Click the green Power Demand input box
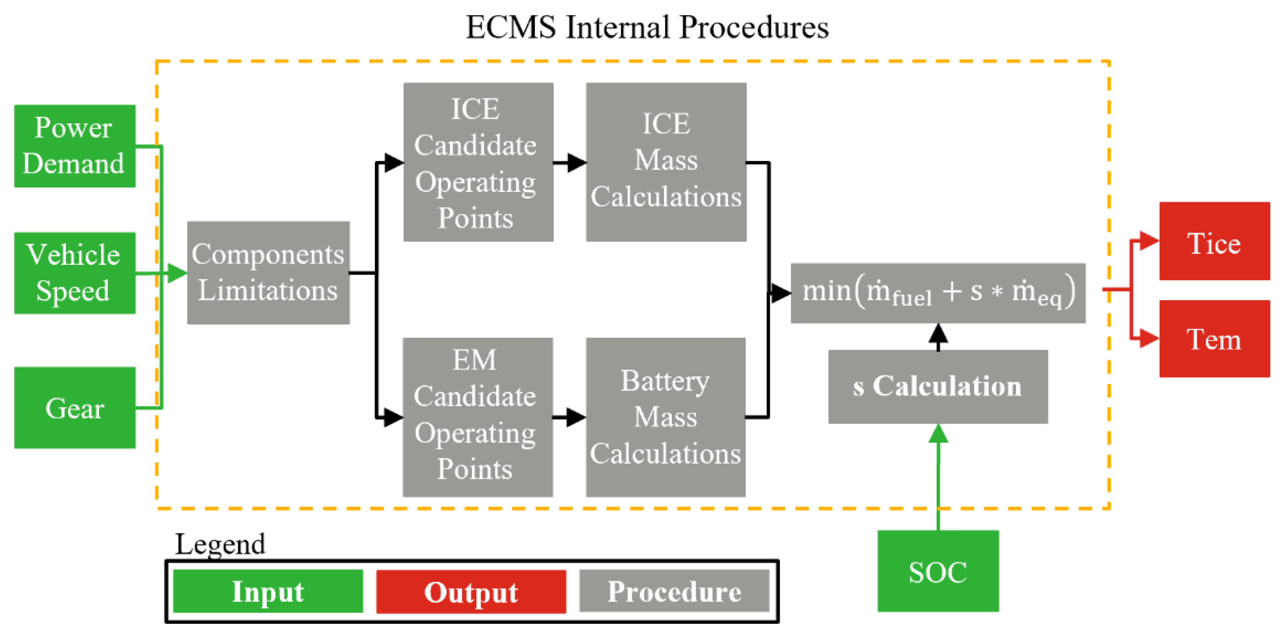click(74, 146)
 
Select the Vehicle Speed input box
click(74, 273)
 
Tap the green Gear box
click(74, 408)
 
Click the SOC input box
click(937, 571)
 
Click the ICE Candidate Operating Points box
click(478, 162)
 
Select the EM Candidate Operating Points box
click(477, 416)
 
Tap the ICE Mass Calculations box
click(666, 162)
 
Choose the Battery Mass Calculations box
click(665, 416)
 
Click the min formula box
click(937, 293)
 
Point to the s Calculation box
click(937, 387)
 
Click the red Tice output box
click(1214, 241)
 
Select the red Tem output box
click(1214, 338)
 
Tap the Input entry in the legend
click(268, 591)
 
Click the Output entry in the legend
click(471, 591)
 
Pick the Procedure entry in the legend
click(674, 591)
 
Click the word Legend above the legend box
click(220, 544)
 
